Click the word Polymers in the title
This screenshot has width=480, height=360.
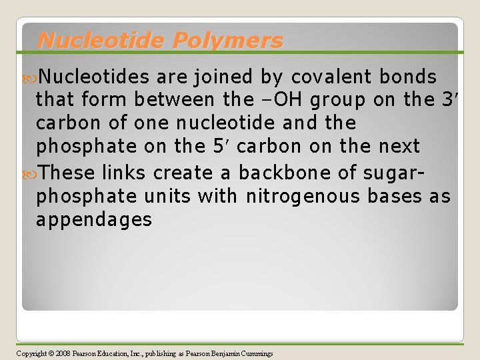[x=227, y=41]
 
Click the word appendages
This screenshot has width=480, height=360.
[x=94, y=219]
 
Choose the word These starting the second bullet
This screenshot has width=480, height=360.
[x=67, y=173]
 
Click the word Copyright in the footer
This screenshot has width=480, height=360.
[x=31, y=353]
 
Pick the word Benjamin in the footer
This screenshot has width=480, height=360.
[x=220, y=353]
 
